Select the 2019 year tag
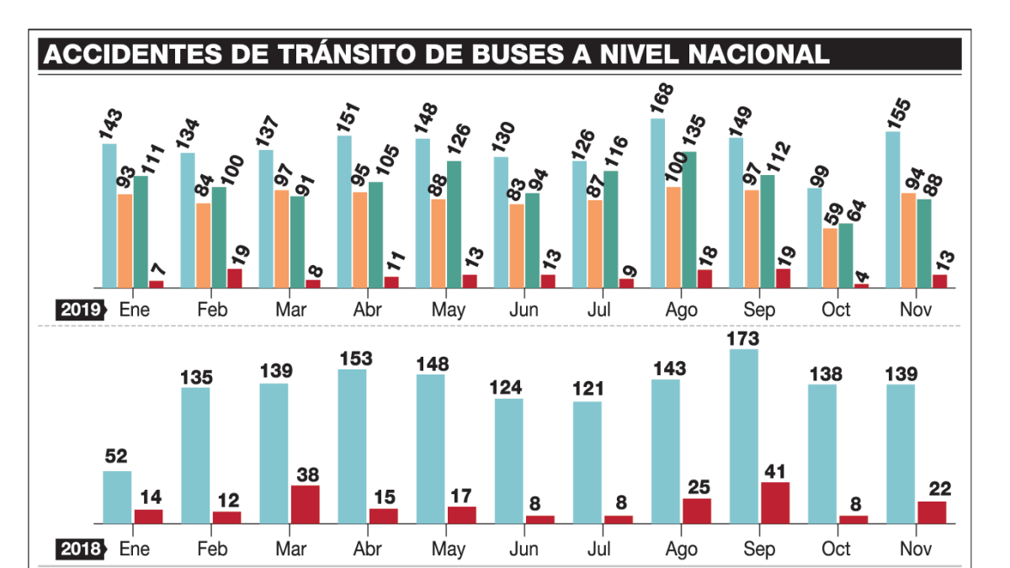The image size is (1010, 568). click(79, 310)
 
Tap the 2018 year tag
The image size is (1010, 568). click(79, 549)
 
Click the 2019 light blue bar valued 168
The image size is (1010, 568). click(657, 204)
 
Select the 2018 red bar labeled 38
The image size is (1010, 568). click(305, 504)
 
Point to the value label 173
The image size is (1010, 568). click(744, 339)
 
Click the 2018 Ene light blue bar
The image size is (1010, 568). click(117, 497)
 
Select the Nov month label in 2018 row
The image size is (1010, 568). click(916, 549)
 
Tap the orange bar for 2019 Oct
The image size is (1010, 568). click(830, 257)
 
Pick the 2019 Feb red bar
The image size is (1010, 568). click(234, 279)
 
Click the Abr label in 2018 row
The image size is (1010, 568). click(367, 549)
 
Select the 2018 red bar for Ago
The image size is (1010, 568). click(697, 511)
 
